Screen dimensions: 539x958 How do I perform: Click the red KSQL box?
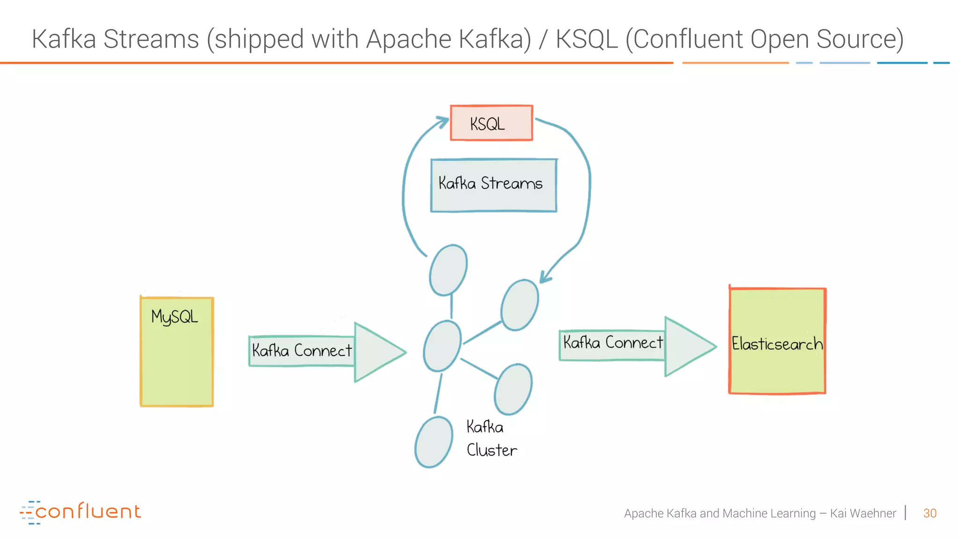[x=491, y=123]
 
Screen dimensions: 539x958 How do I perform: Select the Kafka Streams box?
[x=494, y=185]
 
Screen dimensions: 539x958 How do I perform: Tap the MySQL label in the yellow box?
[x=174, y=317]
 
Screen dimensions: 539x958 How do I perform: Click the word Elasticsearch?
[x=777, y=344]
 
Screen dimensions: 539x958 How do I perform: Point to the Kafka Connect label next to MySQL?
[x=302, y=350]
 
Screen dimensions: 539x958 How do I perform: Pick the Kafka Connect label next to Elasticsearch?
[x=613, y=343]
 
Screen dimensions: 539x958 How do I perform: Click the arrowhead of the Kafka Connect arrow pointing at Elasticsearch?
[x=688, y=346]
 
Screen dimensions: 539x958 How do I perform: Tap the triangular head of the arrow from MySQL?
[x=377, y=352]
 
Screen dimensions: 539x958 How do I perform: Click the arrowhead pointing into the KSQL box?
[x=442, y=123]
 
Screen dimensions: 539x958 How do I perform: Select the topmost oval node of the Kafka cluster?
[x=448, y=270]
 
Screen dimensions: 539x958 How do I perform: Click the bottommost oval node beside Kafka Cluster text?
[x=434, y=442]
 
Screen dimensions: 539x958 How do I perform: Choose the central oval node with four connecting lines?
[x=442, y=346]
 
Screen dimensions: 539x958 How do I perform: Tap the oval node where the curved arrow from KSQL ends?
[x=520, y=305]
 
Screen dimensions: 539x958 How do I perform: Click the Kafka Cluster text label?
[x=491, y=438]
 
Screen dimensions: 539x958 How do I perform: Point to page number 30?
[x=929, y=513]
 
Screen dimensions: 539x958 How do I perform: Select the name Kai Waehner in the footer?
[x=863, y=513]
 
